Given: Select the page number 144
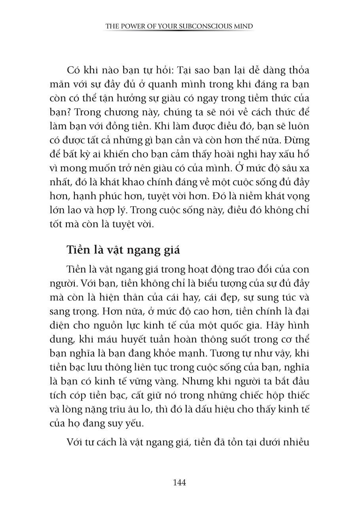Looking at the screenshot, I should click(x=180, y=482).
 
